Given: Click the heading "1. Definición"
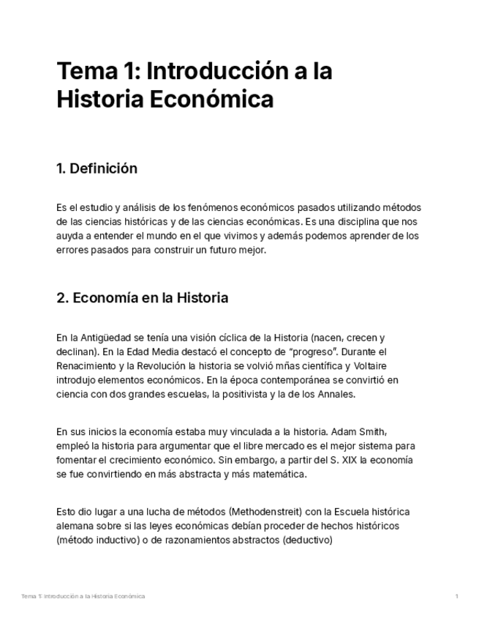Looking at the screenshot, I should (x=97, y=169).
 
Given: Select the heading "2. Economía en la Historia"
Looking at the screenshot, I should (x=142, y=298).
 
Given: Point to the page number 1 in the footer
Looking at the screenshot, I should (x=456, y=596).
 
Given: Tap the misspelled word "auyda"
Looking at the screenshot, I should (x=69, y=236).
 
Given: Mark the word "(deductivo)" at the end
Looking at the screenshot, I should (x=309, y=540).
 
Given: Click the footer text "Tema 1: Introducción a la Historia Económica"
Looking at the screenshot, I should (x=83, y=596).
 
